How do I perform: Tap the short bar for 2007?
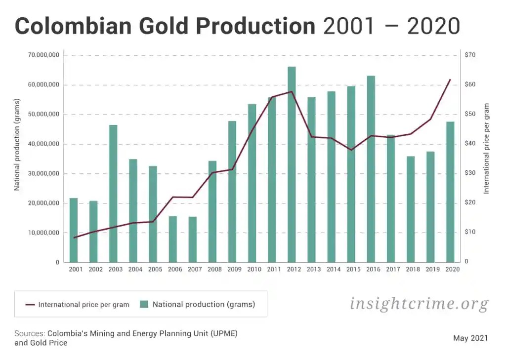tap(193, 240)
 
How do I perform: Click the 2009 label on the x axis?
tap(234, 270)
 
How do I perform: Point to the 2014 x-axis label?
tap(334, 270)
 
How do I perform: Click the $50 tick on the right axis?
tap(470, 114)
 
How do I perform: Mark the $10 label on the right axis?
tap(470, 232)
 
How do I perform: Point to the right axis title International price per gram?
tap(486, 148)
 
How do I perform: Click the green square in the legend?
tap(144, 304)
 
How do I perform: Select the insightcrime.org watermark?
tap(419, 303)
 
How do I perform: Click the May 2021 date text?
tap(470, 338)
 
